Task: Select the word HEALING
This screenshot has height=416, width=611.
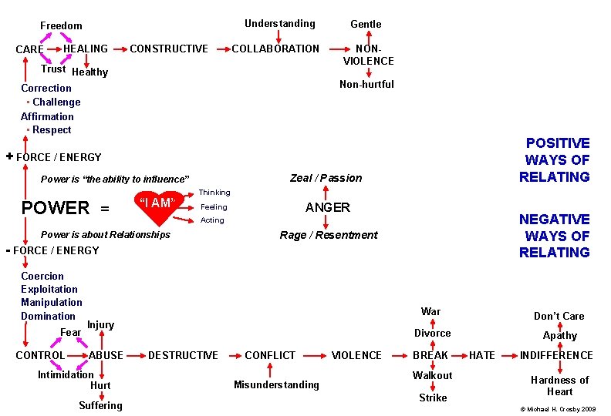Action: (86, 49)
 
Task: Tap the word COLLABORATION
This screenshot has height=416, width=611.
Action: (275, 49)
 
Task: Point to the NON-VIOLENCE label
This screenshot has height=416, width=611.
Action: (368, 55)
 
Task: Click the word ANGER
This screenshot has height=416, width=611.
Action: (328, 207)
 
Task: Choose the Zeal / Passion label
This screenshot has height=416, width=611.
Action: (326, 178)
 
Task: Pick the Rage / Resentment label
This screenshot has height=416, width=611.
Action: (329, 235)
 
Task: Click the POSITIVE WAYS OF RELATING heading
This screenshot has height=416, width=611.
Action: (555, 159)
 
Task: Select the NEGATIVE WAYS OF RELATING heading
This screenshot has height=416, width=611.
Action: (555, 236)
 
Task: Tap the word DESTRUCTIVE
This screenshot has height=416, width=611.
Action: (183, 355)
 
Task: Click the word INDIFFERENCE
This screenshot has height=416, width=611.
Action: (556, 355)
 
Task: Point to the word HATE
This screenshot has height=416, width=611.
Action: (482, 355)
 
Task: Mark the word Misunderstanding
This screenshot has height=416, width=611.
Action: (277, 384)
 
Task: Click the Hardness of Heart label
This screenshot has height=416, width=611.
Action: (559, 385)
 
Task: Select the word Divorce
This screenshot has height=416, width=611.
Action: (433, 333)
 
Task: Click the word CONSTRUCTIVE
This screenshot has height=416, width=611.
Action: (169, 49)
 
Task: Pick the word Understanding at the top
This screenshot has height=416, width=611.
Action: (280, 24)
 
